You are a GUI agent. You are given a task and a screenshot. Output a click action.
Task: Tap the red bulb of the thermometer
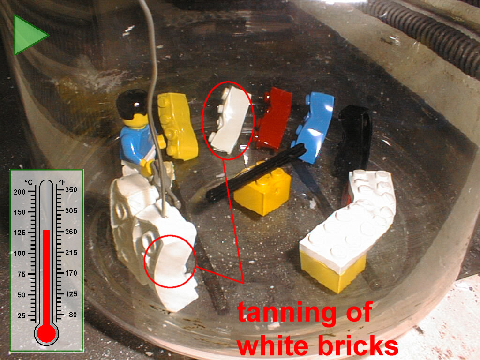(x=46, y=333)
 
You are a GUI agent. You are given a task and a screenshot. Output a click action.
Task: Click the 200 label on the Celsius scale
(x=20, y=192)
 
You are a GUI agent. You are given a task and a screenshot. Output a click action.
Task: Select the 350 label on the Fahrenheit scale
(x=71, y=190)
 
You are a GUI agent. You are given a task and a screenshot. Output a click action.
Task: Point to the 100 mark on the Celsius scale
(x=20, y=254)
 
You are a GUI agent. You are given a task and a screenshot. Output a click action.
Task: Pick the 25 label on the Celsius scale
(x=22, y=315)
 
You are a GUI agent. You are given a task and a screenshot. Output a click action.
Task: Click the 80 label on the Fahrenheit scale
(x=73, y=315)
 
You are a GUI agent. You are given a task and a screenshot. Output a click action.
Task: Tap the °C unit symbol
(x=29, y=182)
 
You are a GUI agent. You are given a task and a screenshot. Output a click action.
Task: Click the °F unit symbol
(x=62, y=182)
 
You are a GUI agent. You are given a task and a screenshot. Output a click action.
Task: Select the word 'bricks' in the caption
(x=358, y=345)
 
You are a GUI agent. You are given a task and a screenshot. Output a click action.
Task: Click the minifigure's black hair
(x=132, y=103)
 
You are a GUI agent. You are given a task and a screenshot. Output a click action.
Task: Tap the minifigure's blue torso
(x=137, y=144)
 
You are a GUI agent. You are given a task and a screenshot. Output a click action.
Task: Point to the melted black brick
(x=353, y=138)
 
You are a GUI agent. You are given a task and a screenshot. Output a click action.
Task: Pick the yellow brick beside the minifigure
(x=178, y=126)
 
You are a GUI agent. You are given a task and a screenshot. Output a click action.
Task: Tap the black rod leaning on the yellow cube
(x=256, y=173)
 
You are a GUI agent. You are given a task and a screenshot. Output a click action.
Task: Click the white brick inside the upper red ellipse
(x=229, y=120)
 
